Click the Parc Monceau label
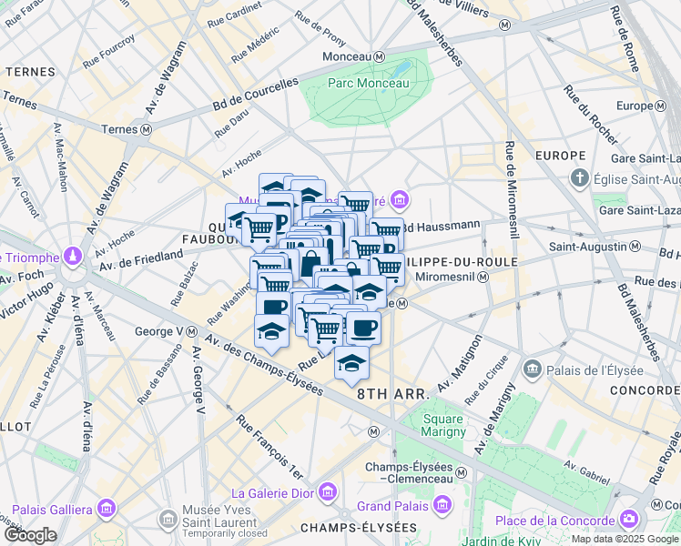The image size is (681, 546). [368, 82]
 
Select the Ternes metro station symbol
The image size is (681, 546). [147, 130]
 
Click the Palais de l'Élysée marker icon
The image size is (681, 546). [533, 369]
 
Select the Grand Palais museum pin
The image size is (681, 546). [442, 505]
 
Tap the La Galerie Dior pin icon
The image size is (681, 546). [328, 492]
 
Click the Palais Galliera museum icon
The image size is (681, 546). [107, 508]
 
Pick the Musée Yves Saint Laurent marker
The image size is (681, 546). [168, 520]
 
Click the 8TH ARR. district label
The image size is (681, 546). [392, 394]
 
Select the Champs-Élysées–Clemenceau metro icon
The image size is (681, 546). [462, 473]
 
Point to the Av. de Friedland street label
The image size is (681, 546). [141, 259]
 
